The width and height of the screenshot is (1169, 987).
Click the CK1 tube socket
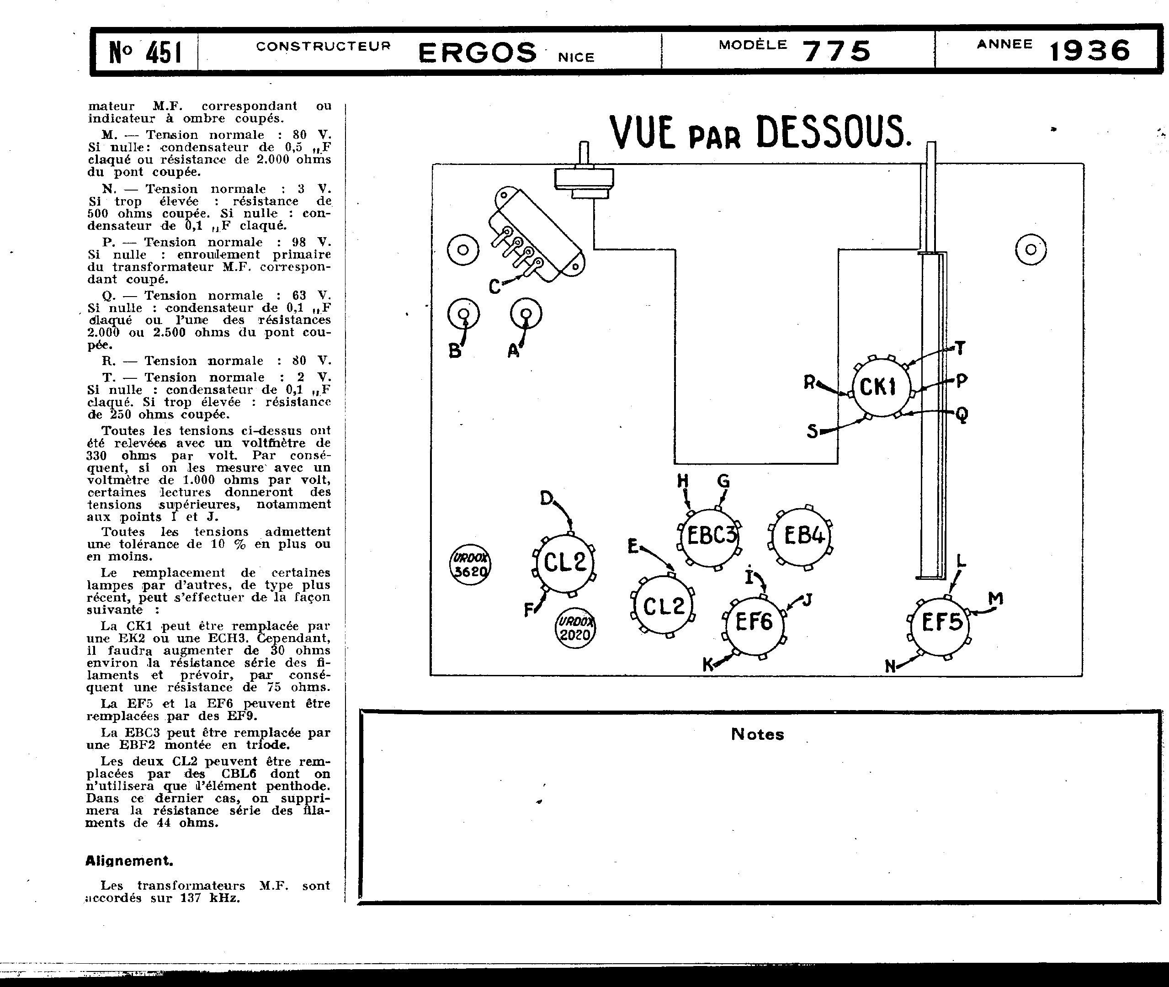881,387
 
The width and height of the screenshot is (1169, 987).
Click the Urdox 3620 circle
470,565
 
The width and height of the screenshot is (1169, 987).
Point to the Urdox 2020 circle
575,628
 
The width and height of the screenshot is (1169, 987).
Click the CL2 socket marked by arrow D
564,562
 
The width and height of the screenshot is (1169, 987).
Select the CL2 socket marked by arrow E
663,606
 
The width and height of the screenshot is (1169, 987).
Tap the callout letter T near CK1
960,348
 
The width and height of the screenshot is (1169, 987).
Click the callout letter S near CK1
812,431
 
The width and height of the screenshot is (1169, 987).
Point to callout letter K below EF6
708,665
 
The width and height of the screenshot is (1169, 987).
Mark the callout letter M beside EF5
995,599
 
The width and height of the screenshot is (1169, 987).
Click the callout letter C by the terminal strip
494,287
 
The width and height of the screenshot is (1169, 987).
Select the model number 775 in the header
837,51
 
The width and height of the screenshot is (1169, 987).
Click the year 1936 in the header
1089,51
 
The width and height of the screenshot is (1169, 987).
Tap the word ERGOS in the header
477,53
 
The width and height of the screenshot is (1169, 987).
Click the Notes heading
757,734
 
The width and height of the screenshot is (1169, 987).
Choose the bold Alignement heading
129,861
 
